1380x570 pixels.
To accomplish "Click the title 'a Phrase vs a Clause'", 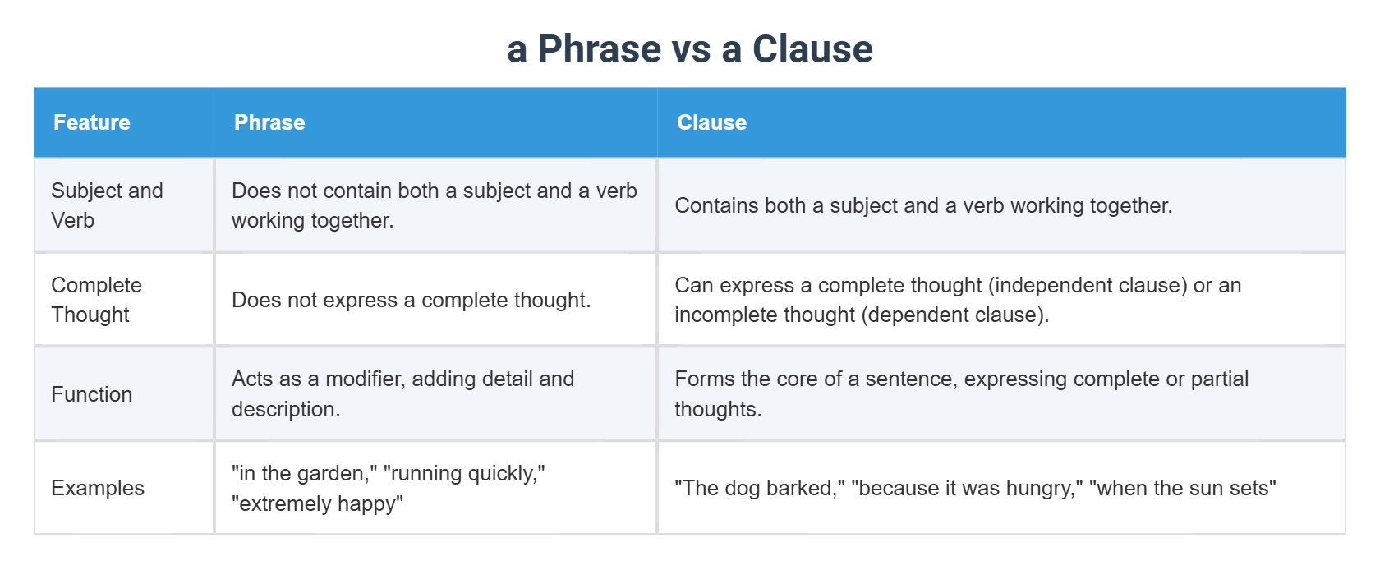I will coord(689,49).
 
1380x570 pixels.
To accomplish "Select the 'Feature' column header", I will coord(91,122).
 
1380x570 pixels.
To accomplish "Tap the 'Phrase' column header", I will coord(269,122).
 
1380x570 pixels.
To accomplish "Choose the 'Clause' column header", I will coord(711,122).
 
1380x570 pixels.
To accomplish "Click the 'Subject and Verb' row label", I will coord(107,205).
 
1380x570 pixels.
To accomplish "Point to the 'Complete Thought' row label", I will coord(96,300).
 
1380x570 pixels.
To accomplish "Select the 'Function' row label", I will coord(91,394).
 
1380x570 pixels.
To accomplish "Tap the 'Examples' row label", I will coord(97,488).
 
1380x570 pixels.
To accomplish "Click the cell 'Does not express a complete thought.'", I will coord(411,300).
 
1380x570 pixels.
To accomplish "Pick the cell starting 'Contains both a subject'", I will coord(923,205).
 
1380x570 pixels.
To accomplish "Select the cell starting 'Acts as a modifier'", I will coord(402,393).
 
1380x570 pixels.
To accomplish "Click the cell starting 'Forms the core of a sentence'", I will coord(961,393).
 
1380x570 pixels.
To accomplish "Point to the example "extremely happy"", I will coord(317,503).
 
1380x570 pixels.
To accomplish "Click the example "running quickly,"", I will coord(464,473).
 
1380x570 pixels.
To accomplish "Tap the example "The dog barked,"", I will coord(760,488).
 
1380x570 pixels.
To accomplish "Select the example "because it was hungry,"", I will coord(967,488).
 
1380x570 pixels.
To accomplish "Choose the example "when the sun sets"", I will coord(1183,488).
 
